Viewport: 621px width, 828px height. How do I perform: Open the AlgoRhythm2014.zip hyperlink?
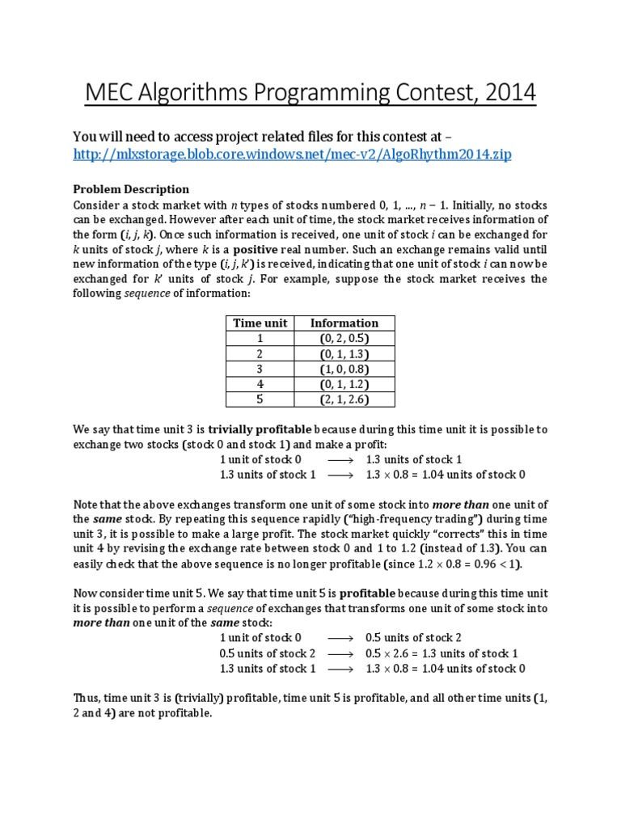(293, 154)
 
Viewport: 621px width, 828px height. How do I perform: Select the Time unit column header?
(260, 323)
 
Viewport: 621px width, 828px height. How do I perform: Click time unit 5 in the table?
(260, 399)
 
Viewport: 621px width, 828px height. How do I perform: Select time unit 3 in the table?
(260, 369)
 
